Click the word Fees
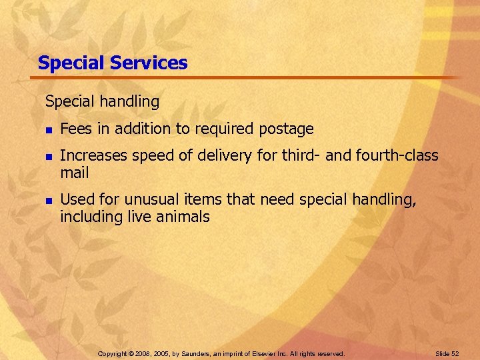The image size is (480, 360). [73, 129]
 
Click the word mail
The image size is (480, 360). [74, 173]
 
